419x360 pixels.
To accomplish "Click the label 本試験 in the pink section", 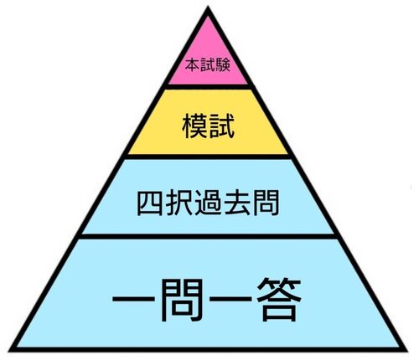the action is click(208, 65).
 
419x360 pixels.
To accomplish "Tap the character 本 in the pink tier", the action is click(193, 65).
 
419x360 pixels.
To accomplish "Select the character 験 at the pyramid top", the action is click(223, 65).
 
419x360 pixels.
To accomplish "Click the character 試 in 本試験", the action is click(208, 65).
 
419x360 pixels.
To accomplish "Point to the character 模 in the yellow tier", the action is click(194, 126).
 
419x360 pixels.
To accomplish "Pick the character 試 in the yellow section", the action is click(221, 126).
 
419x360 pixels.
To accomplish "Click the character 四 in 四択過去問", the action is click(150, 203).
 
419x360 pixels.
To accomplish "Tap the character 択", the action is click(179, 203).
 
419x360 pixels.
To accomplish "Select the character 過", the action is click(208, 203).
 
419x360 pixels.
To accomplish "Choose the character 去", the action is click(237, 203).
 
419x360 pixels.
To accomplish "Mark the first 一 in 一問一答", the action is click(134, 299).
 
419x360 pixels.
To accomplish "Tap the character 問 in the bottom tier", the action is click(182, 300).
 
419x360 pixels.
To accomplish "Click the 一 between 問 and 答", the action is click(231, 299).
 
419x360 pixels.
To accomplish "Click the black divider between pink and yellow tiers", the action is click(208, 87).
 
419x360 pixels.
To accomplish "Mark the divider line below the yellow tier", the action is click(208, 157).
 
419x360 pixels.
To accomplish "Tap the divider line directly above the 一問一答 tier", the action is click(208, 237).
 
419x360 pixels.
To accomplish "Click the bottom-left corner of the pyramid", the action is click(9, 351).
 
